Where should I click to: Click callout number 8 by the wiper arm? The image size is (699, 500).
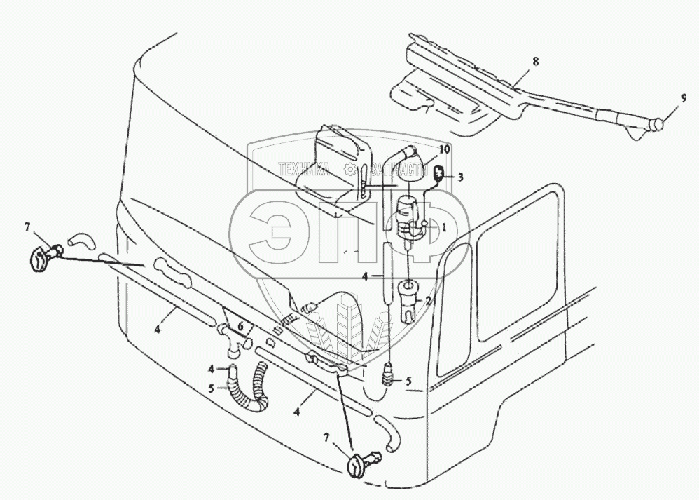click(535, 62)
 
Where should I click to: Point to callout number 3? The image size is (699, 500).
click(460, 177)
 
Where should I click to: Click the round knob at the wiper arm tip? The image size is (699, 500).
click(656, 126)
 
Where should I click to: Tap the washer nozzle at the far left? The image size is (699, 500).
click(41, 255)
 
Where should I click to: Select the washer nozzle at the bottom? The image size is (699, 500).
click(359, 464)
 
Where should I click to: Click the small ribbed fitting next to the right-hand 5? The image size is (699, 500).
click(387, 379)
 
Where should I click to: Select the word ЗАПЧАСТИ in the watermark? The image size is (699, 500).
click(398, 169)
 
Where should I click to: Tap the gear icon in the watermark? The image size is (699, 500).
click(349, 169)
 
